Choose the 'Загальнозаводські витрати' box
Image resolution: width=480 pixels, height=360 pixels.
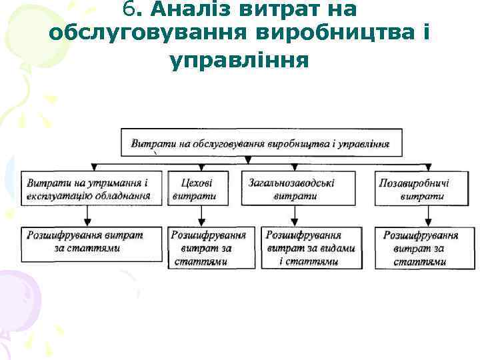pyautogui.click(x=292, y=189)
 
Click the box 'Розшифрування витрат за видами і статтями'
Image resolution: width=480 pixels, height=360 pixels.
pyautogui.click(x=311, y=248)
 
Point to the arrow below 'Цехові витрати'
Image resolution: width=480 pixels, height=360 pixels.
pyautogui.click(x=202, y=216)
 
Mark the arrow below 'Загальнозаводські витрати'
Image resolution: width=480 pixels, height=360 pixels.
pyautogui.click(x=294, y=216)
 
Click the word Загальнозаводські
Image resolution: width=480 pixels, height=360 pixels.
pyautogui.click(x=292, y=182)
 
